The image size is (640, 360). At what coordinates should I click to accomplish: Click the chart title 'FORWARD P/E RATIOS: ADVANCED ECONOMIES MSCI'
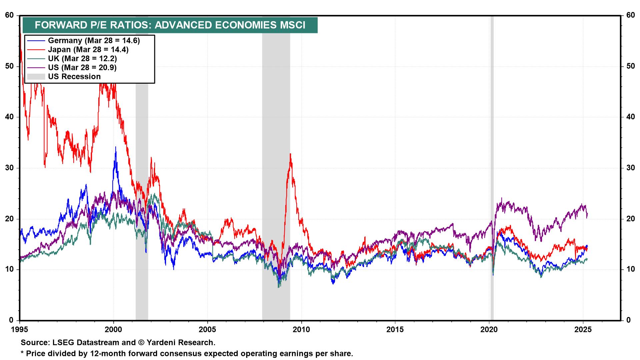tap(170, 25)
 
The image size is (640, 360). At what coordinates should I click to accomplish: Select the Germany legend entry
tap(94, 41)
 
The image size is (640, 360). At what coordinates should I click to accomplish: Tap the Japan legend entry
tap(88, 50)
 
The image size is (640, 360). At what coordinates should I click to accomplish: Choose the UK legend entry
tap(82, 59)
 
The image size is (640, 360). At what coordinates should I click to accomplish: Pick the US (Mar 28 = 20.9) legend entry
tap(82, 68)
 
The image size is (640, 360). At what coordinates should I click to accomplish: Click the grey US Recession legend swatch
tap(36, 77)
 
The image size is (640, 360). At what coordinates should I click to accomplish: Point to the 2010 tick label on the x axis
tap(301, 330)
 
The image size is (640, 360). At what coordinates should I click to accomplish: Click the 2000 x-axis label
tap(114, 330)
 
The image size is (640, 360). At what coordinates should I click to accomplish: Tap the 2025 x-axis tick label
tap(583, 330)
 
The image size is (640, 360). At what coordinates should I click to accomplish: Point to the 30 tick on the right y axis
tap(630, 168)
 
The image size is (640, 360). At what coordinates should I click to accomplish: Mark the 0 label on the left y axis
tap(11, 320)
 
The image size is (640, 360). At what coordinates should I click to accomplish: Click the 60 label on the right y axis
tap(630, 15)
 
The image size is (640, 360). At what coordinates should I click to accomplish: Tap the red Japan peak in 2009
tap(290, 154)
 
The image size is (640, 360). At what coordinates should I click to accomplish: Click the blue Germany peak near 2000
tap(116, 147)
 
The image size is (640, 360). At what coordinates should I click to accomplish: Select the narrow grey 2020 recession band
tap(492, 167)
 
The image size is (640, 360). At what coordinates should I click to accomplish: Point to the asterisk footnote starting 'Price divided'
tap(187, 353)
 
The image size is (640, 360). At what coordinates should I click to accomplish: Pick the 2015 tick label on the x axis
tap(395, 330)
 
